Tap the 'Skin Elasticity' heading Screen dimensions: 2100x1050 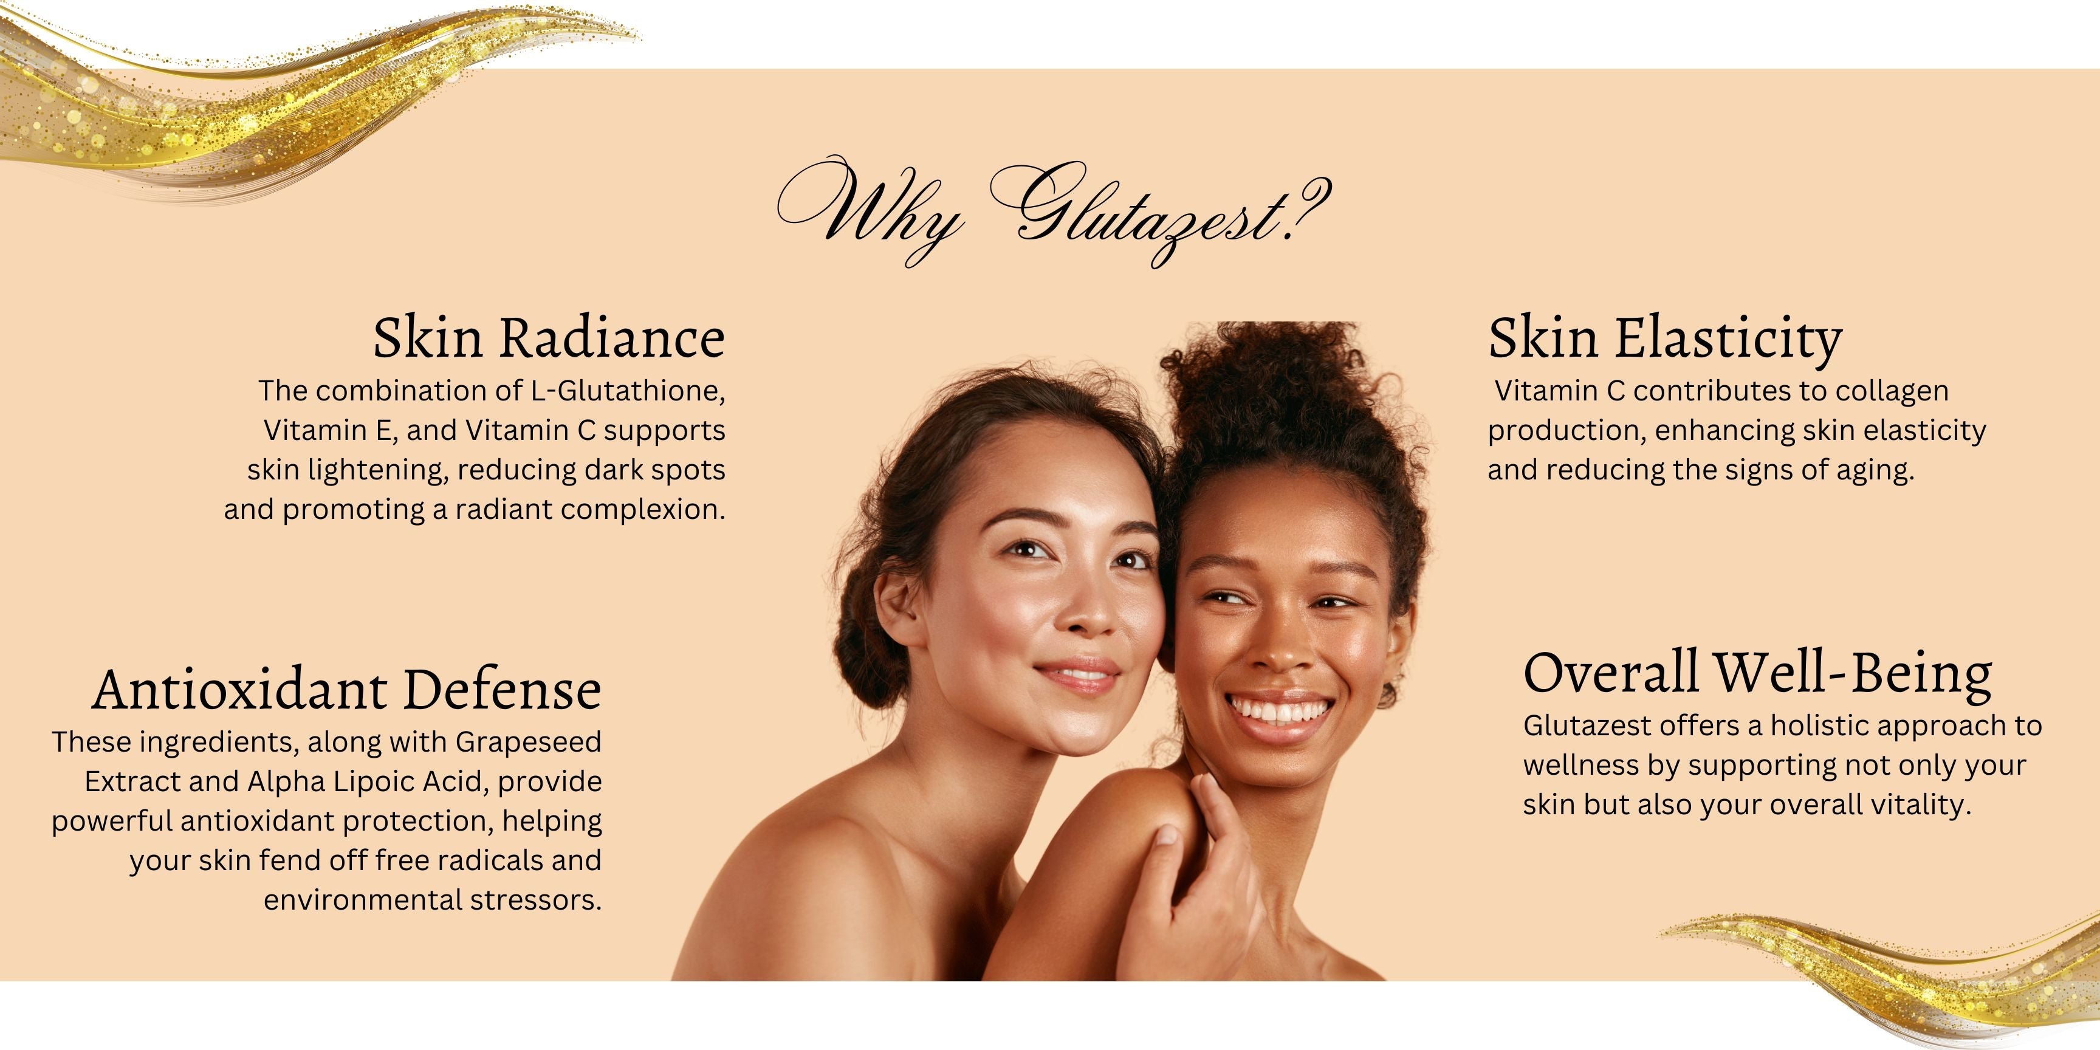point(1665,339)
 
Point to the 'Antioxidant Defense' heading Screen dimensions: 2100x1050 point(346,690)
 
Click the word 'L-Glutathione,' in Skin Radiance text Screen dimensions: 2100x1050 point(628,391)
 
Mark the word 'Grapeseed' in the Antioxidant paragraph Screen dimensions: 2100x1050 point(528,743)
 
